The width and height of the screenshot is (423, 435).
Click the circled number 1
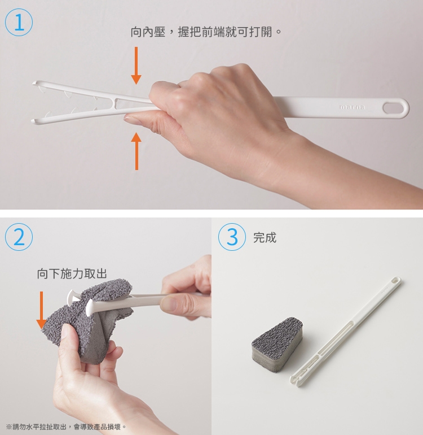tap(19, 22)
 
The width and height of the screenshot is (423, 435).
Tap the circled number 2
tap(19, 237)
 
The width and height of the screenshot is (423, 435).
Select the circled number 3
tap(232, 237)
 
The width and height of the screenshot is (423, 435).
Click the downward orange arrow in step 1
tap(136, 66)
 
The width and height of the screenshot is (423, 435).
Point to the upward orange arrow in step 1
tap(136, 151)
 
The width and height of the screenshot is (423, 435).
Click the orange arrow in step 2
tap(41, 310)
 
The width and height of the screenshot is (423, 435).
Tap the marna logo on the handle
tap(352, 107)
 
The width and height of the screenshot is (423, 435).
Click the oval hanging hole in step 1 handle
tap(393, 108)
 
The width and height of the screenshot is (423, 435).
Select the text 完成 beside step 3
tap(265, 238)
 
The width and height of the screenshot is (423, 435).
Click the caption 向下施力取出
tap(72, 273)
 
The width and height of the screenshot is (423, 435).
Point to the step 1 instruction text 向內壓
tap(148, 32)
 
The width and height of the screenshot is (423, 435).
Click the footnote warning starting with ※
tap(66, 427)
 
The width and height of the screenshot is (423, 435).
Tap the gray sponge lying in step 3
tap(277, 343)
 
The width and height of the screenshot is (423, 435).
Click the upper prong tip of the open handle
tap(34, 82)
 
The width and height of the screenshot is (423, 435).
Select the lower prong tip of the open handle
tap(33, 121)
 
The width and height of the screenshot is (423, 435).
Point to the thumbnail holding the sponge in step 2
tap(64, 332)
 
